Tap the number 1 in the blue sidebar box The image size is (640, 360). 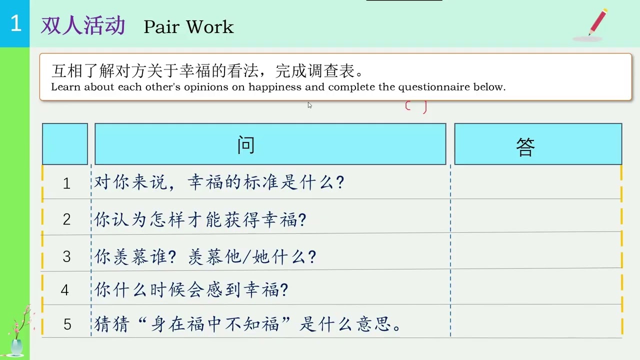[15, 23]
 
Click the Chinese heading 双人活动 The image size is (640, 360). [83, 26]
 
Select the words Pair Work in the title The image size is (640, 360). [188, 27]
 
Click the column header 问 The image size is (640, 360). [246, 144]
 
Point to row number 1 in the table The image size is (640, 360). [66, 183]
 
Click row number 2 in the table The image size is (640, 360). [66, 219]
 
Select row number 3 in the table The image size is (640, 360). [66, 257]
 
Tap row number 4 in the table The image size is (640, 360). [64, 290]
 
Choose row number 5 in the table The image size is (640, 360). [67, 325]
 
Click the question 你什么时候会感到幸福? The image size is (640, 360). [191, 290]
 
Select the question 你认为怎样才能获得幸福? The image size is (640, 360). [200, 219]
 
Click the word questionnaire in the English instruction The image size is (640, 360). [434, 87]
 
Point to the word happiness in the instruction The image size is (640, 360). [275, 87]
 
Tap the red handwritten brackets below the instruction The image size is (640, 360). [416, 106]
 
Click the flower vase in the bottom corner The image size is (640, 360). [17, 340]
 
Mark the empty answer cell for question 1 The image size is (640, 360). [536, 182]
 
